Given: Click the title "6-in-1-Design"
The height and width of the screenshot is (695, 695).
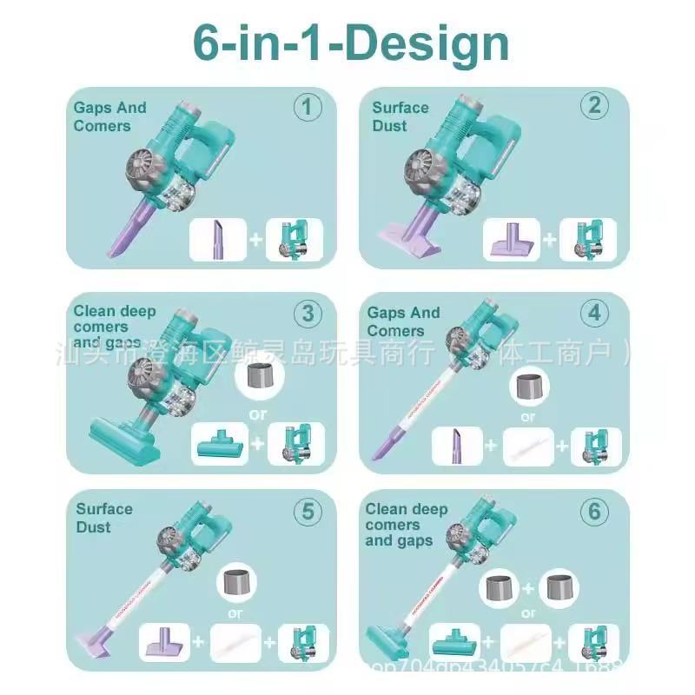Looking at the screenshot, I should (x=351, y=43).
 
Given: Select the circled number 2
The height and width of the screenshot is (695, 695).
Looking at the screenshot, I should (x=594, y=105).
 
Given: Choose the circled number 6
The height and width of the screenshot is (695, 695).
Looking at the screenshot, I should (x=594, y=512).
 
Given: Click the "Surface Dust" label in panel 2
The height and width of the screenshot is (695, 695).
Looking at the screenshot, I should (x=400, y=116).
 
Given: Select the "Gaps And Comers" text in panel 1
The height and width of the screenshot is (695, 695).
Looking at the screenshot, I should (x=110, y=116).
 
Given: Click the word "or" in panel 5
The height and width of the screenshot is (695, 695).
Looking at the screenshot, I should (x=233, y=611).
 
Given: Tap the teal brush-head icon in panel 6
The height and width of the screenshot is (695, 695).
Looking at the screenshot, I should (x=454, y=644).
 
